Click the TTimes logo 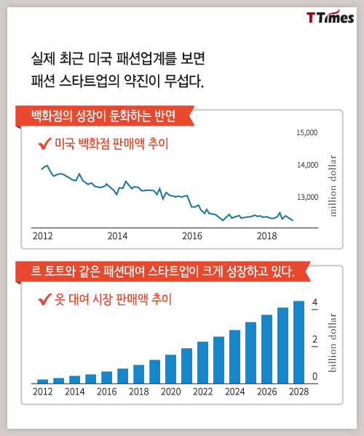(x=331, y=17)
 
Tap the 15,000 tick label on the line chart (x=307, y=133)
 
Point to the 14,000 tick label (x=307, y=165)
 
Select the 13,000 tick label (x=307, y=197)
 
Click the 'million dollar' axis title (x=333, y=186)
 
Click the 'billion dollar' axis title (x=332, y=342)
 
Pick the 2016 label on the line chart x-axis (x=192, y=236)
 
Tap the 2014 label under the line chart (x=117, y=236)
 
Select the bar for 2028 (x=298, y=342)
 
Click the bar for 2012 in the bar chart (x=43, y=381)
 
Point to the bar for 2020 (x=171, y=369)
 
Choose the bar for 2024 (x=234, y=357)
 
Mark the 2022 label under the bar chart (x=203, y=392)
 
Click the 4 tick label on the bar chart (x=314, y=302)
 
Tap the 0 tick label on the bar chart (x=314, y=376)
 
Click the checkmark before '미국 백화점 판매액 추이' (x=44, y=144)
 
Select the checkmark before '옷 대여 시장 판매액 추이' (x=44, y=299)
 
